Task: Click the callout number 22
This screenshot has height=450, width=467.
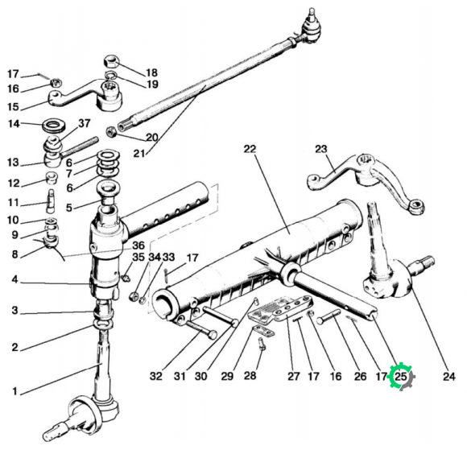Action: pos(250,149)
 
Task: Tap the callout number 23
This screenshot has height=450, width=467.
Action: pos(321,149)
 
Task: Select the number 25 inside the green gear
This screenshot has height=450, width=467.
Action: pos(401,377)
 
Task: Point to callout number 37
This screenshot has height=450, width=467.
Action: pos(85,123)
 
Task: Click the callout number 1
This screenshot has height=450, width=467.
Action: pos(15,391)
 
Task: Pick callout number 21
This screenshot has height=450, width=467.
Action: pos(139,154)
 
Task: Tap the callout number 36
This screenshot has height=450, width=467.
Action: pos(138,246)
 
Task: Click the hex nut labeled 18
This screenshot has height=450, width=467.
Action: pos(111,62)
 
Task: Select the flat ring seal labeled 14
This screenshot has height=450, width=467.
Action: pos(54,125)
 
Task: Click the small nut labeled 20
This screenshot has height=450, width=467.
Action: pos(112,131)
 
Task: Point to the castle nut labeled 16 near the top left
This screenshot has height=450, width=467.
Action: pos(55,82)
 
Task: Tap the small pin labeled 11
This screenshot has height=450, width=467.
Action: pos(51,201)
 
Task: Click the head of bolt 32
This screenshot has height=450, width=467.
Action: pos(212,334)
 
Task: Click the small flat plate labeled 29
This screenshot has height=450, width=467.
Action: pos(262,331)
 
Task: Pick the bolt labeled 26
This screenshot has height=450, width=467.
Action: pos(329,316)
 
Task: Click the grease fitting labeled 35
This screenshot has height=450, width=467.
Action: pos(126,279)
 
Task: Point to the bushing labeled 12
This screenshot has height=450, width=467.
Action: pos(52,177)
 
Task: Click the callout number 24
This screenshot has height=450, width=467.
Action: pos(449,377)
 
